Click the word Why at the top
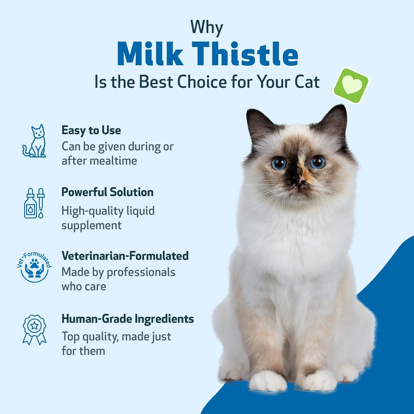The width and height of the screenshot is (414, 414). pyautogui.click(x=207, y=28)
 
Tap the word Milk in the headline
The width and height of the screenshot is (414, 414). pyautogui.click(x=150, y=54)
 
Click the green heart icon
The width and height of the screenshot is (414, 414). pyautogui.click(x=351, y=86)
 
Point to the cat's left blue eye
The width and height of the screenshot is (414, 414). pyautogui.click(x=279, y=163)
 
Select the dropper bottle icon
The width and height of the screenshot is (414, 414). pyautogui.click(x=34, y=203)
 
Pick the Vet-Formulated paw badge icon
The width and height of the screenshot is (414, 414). pyautogui.click(x=34, y=267)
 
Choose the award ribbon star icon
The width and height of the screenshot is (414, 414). pyautogui.click(x=34, y=329)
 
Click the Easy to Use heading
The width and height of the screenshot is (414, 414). pyautogui.click(x=91, y=130)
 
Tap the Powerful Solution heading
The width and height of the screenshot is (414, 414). pyautogui.click(x=107, y=192)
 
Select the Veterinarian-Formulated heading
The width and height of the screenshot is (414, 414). pyautogui.click(x=125, y=256)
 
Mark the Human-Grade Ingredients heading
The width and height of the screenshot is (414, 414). pyautogui.click(x=128, y=319)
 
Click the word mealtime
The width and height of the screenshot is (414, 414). pyautogui.click(x=113, y=161)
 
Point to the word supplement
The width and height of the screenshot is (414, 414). pyautogui.click(x=92, y=225)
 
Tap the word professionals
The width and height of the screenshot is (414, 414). pyautogui.click(x=141, y=272)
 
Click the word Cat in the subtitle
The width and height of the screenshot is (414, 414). pyautogui.click(x=307, y=82)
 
